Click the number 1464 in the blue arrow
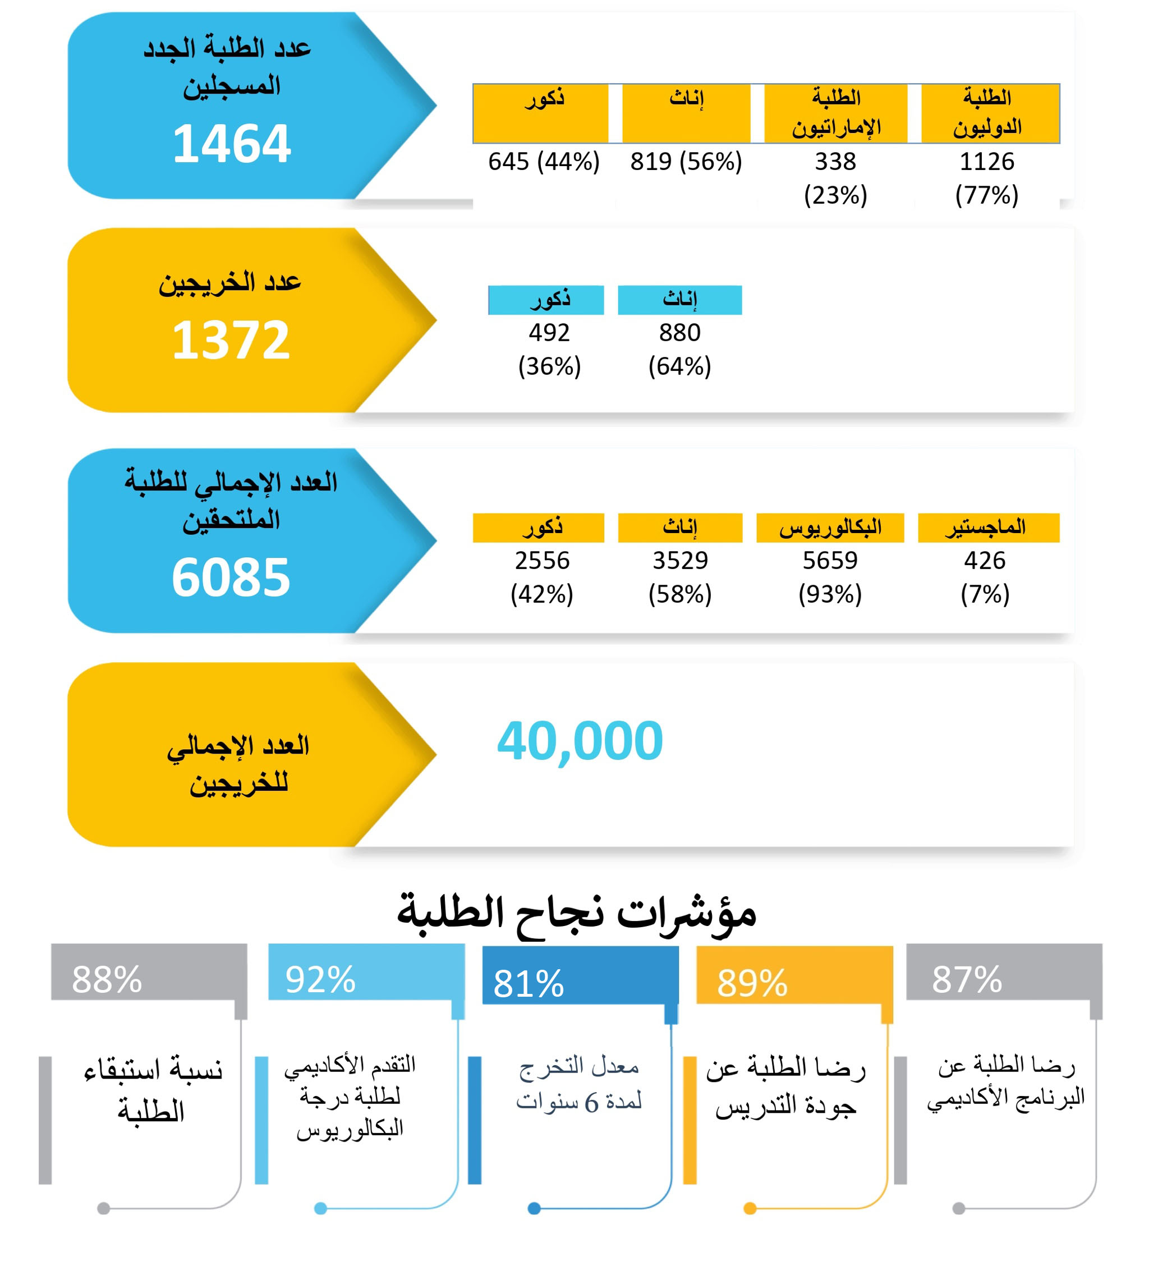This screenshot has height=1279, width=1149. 231,144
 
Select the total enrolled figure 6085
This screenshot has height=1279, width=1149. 231,577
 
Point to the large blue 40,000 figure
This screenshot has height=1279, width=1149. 580,740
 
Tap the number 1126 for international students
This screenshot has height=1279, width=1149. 986,162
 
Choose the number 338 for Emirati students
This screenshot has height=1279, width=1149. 835,162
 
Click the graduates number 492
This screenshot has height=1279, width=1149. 549,333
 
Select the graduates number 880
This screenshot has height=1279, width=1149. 679,333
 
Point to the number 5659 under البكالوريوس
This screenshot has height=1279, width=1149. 830,560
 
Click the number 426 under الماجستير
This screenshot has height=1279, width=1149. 984,560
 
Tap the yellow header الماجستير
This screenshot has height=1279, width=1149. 988,528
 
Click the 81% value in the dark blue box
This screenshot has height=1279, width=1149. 528,983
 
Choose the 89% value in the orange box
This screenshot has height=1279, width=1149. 752,983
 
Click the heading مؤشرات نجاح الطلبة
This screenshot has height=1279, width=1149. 576,913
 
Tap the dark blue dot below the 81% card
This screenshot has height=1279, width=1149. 534,1208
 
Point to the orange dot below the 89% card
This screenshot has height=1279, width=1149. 750,1208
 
